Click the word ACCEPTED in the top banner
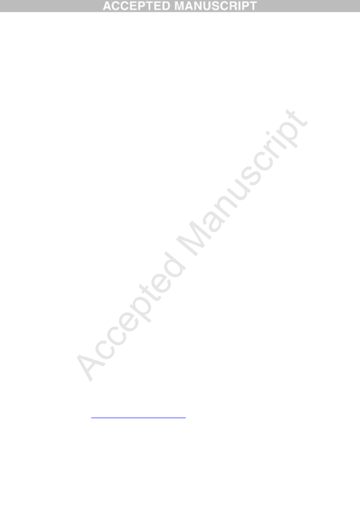(x=136, y=6)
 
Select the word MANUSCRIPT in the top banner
(x=216, y=6)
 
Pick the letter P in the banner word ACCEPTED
(x=141, y=6)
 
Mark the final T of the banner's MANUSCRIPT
(x=253, y=6)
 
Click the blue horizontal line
(x=138, y=417)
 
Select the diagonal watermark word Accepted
(x=130, y=316)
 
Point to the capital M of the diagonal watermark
(x=192, y=239)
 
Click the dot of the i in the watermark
(x=268, y=133)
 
